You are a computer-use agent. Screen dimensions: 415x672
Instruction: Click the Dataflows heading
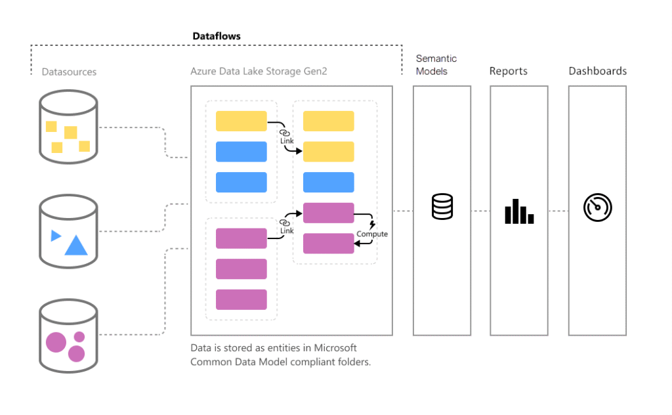coord(217,36)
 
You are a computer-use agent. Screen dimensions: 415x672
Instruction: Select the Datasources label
coord(69,72)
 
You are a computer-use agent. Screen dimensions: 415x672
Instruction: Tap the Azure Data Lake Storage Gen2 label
coord(259,72)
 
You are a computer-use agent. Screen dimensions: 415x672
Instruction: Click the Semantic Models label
coord(436,64)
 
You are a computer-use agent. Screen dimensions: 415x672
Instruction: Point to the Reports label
coord(508,71)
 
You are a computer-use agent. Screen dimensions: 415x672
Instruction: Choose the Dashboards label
coord(597,71)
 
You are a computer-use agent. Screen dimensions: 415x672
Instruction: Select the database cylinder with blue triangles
coord(68,232)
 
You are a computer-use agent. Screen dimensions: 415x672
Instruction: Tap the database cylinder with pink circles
coord(68,336)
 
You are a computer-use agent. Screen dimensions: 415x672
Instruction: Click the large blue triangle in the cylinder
coord(76,245)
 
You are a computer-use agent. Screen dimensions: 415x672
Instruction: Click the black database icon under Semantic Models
coord(442,207)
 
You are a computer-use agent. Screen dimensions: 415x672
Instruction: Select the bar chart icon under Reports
coord(519,211)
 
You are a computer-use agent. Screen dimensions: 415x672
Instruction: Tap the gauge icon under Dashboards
coord(597,208)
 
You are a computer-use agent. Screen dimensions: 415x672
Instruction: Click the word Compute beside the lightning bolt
coord(372,234)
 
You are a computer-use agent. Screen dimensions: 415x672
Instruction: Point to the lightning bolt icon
coord(373,225)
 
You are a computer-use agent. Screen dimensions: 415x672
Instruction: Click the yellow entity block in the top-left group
coord(241,121)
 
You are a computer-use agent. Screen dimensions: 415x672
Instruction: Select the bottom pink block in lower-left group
coord(241,299)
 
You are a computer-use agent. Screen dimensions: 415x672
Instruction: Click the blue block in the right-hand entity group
coord(328,182)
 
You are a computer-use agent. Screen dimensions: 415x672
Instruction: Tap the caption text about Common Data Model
coord(281,355)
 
